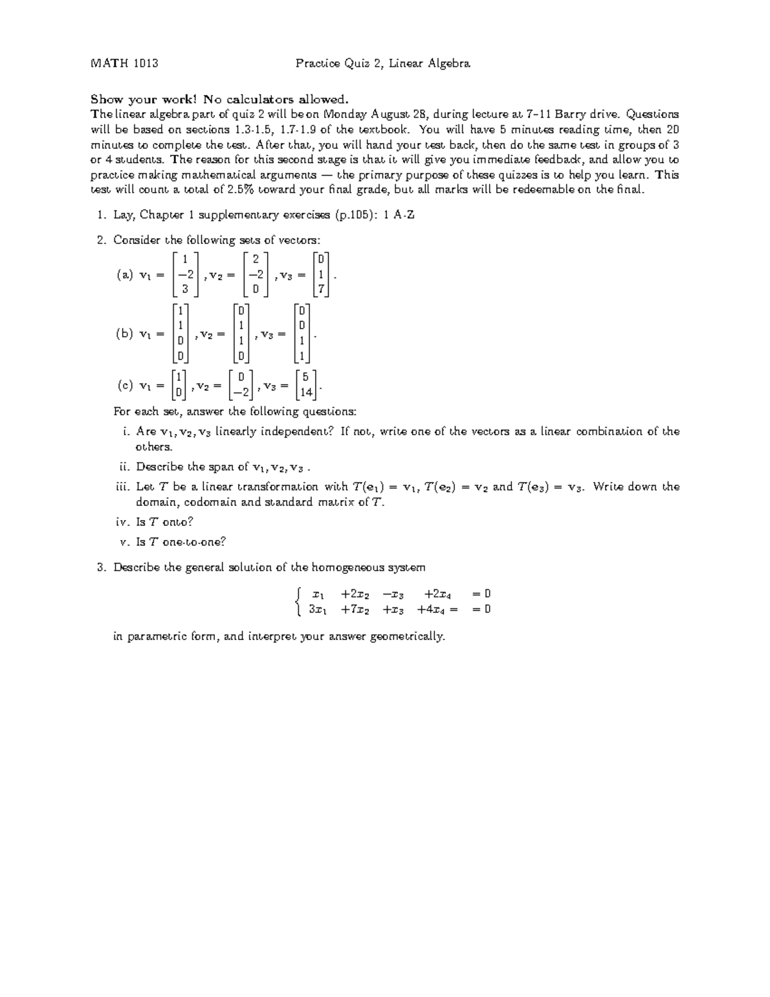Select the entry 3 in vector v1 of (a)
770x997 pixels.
[x=185, y=290]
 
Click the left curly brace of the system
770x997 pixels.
[x=296, y=602]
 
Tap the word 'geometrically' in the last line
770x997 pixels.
[x=407, y=637]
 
